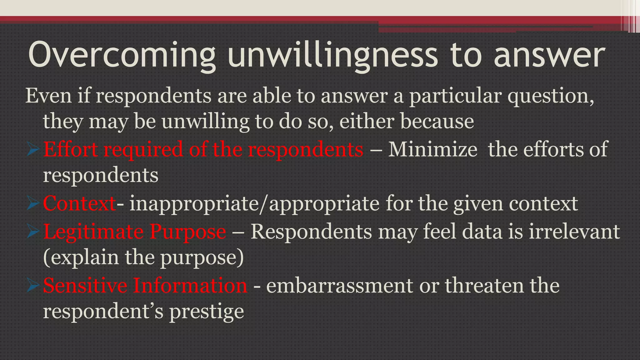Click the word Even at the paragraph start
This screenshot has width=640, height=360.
(x=48, y=96)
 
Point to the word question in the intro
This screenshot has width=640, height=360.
(x=551, y=96)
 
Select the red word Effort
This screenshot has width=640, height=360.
(x=70, y=149)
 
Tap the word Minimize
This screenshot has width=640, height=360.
(x=432, y=149)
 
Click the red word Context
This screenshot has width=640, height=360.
(x=79, y=203)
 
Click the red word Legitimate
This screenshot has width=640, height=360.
(x=93, y=232)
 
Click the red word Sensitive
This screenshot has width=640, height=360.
(x=85, y=286)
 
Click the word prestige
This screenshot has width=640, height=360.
(x=206, y=312)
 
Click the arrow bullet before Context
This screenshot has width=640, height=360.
(x=33, y=203)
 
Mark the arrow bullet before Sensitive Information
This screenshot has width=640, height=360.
(x=33, y=286)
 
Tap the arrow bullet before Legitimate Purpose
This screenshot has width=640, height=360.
(x=33, y=232)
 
